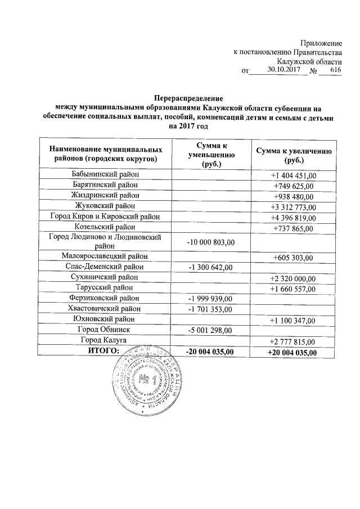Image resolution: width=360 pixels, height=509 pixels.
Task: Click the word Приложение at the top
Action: (321, 43)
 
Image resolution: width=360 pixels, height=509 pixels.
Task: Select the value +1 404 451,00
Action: (294, 176)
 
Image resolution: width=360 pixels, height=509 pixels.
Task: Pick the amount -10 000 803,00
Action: (210, 242)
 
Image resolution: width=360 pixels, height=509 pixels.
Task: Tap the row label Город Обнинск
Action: (105, 330)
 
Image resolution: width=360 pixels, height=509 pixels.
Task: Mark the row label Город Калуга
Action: (105, 340)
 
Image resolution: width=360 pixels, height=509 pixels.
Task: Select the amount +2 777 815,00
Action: (294, 341)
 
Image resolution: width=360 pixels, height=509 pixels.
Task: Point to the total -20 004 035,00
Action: (210, 352)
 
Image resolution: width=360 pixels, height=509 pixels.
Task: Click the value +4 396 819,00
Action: (294, 217)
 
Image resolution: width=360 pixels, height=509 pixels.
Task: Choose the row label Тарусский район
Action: (105, 287)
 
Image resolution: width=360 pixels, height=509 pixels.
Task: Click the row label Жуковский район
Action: (105, 206)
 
